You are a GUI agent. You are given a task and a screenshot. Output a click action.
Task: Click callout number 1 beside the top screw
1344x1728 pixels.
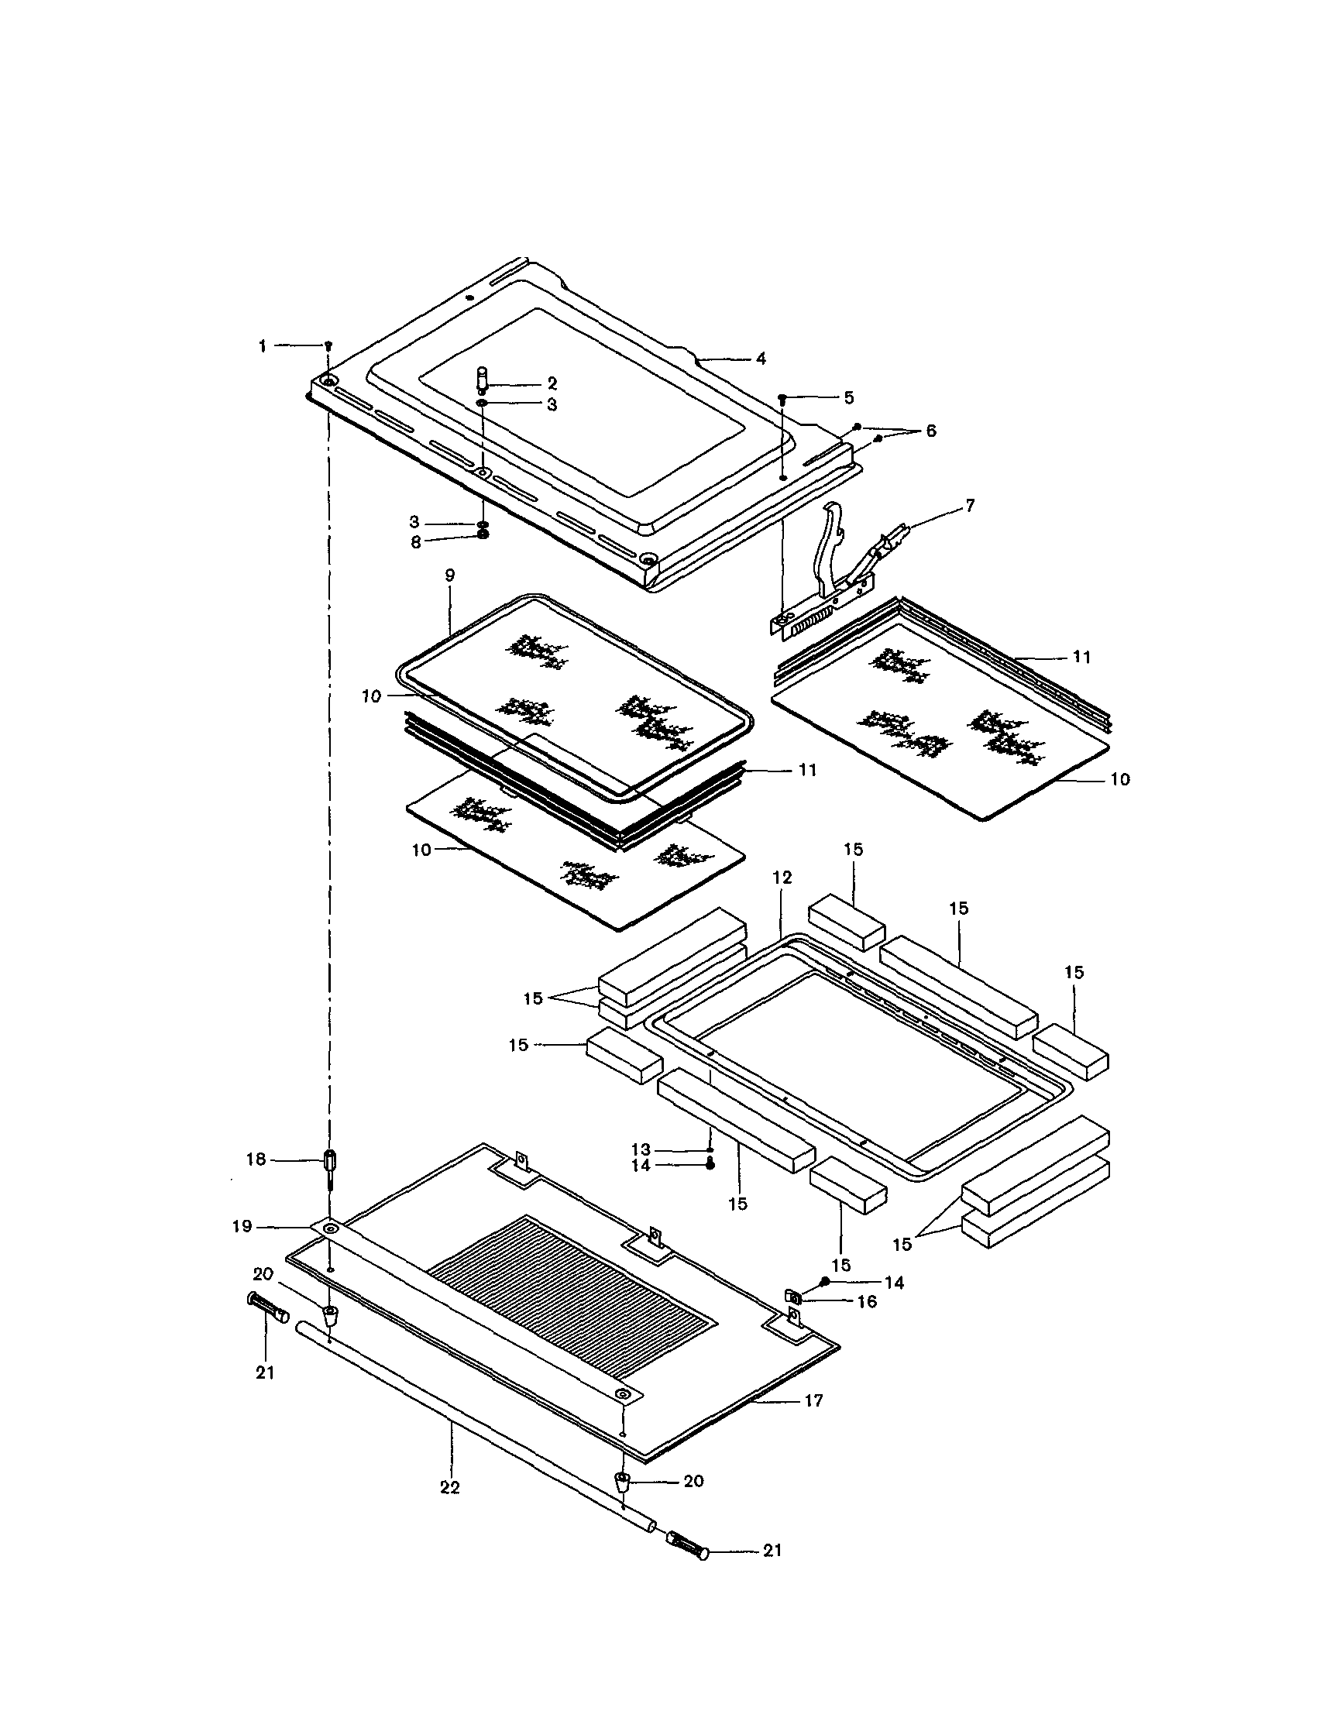point(262,346)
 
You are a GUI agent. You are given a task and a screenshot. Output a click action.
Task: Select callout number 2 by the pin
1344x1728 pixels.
point(552,383)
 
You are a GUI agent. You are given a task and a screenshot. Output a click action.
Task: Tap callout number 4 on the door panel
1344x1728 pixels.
point(761,359)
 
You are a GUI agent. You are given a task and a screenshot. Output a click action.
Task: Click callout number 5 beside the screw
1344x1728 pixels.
point(848,397)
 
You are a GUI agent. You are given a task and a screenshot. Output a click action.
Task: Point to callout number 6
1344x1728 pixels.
point(930,431)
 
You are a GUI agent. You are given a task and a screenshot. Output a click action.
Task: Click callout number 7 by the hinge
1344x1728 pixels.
point(970,506)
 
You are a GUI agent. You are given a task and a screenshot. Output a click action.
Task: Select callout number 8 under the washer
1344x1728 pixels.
point(415,542)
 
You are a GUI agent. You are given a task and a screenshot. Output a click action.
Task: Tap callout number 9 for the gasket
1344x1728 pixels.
point(449,575)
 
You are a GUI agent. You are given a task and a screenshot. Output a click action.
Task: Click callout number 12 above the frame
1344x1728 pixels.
point(782,878)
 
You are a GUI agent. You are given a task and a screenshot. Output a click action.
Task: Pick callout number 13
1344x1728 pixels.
point(641,1149)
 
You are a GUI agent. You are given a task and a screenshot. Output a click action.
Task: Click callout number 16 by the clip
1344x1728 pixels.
point(867,1301)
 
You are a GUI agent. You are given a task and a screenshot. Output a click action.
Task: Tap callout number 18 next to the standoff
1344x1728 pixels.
point(256,1160)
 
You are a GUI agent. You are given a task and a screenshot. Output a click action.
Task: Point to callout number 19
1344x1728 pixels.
point(242,1226)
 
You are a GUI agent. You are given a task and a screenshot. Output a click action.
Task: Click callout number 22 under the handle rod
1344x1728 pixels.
point(449,1487)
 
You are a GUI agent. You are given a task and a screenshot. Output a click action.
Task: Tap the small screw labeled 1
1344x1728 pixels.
point(328,345)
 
